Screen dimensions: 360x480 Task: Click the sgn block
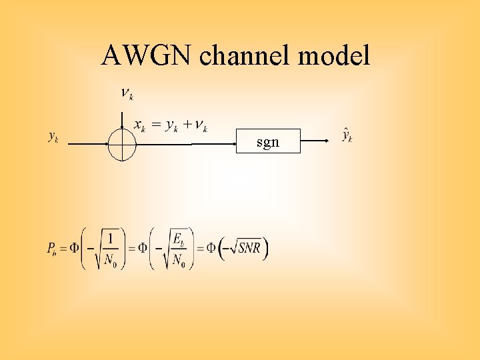click(268, 142)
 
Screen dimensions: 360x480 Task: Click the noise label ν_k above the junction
click(126, 93)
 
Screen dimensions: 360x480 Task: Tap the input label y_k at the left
click(53, 137)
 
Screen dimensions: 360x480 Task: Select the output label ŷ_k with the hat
click(347, 135)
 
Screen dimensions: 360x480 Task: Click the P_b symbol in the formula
click(52, 249)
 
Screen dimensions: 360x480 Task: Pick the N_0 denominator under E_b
click(178, 260)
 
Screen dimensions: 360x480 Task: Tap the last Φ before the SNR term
click(210, 248)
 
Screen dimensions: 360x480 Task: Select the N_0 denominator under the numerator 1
click(111, 260)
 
